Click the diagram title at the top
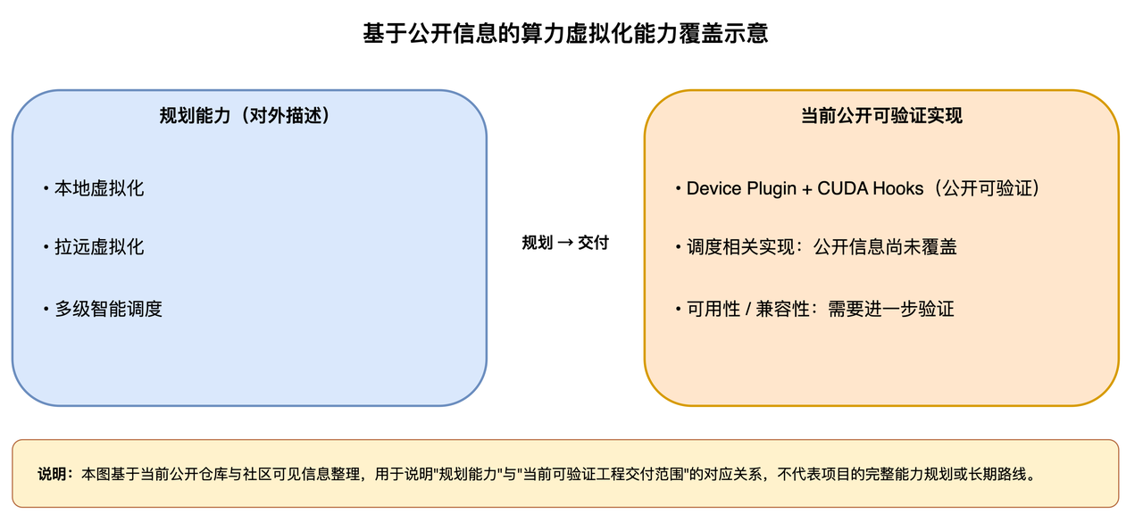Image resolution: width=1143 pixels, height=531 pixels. tap(565, 35)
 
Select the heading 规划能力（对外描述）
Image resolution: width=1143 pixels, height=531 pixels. tap(245, 116)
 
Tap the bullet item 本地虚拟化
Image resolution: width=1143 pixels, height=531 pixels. tap(99, 188)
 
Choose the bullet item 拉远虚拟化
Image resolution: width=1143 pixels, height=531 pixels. tap(99, 247)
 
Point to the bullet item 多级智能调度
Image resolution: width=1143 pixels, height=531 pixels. tap(108, 310)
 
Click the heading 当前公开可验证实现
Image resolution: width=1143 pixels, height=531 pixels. tap(881, 116)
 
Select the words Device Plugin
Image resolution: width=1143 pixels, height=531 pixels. tap(741, 189)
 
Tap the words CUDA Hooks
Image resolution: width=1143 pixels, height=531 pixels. tap(871, 189)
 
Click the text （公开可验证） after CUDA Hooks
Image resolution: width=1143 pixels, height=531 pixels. tap(982, 189)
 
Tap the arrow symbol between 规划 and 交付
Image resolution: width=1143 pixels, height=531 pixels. tap(565, 243)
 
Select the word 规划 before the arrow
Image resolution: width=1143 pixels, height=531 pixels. tap(538, 243)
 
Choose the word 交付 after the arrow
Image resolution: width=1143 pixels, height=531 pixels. tap(593, 243)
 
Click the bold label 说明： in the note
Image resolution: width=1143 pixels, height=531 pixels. tap(55, 474)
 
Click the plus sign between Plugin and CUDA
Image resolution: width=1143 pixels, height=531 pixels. tap(806, 189)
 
